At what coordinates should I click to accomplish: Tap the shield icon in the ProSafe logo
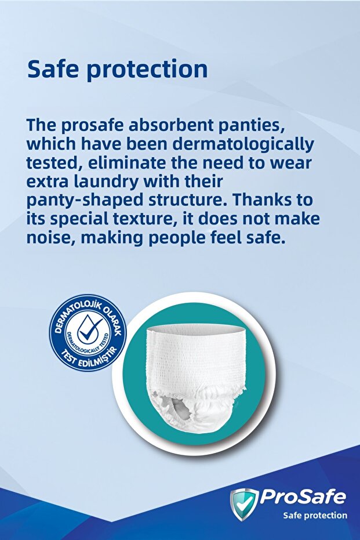243,502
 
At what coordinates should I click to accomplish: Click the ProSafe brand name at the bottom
302,496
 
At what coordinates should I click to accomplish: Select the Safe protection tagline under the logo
315,515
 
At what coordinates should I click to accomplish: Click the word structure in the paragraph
182,200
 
